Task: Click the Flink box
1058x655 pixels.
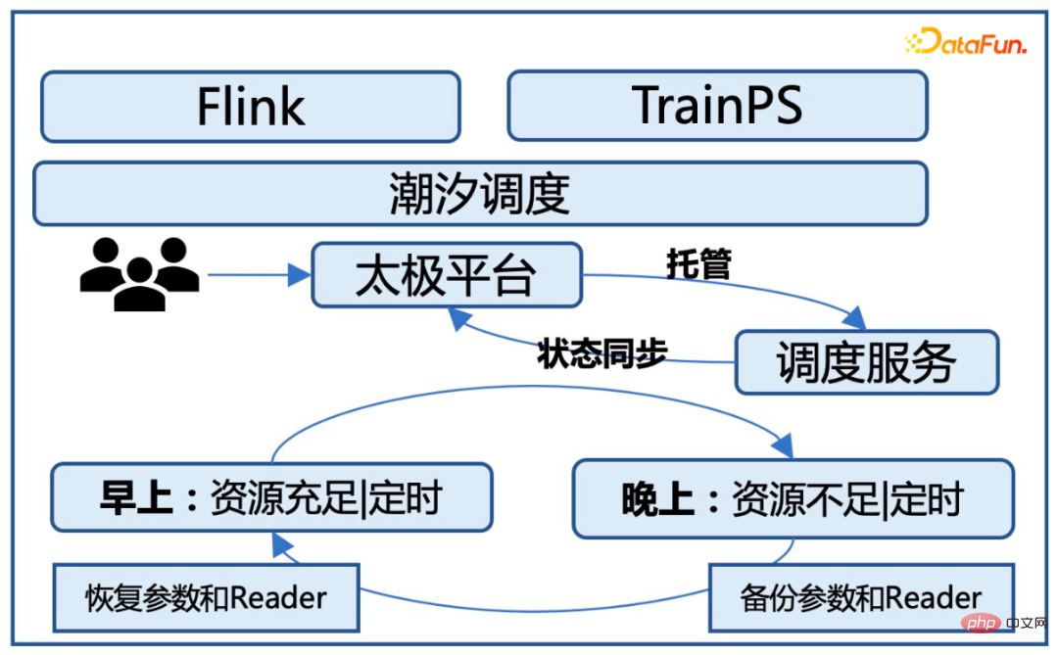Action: pos(250,106)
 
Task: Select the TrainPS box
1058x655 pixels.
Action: pos(716,105)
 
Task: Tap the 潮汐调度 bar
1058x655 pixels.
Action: pos(479,193)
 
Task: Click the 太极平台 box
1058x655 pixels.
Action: pos(446,275)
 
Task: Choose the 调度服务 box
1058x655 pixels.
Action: pos(866,362)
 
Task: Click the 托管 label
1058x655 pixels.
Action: pos(698,263)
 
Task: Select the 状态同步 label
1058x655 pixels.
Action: pos(601,354)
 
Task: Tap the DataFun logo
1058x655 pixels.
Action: pos(965,42)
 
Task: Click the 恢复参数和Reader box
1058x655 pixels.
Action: pos(205,596)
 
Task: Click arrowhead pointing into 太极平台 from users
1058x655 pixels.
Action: pos(299,275)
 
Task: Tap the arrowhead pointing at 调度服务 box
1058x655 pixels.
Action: pos(855,318)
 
